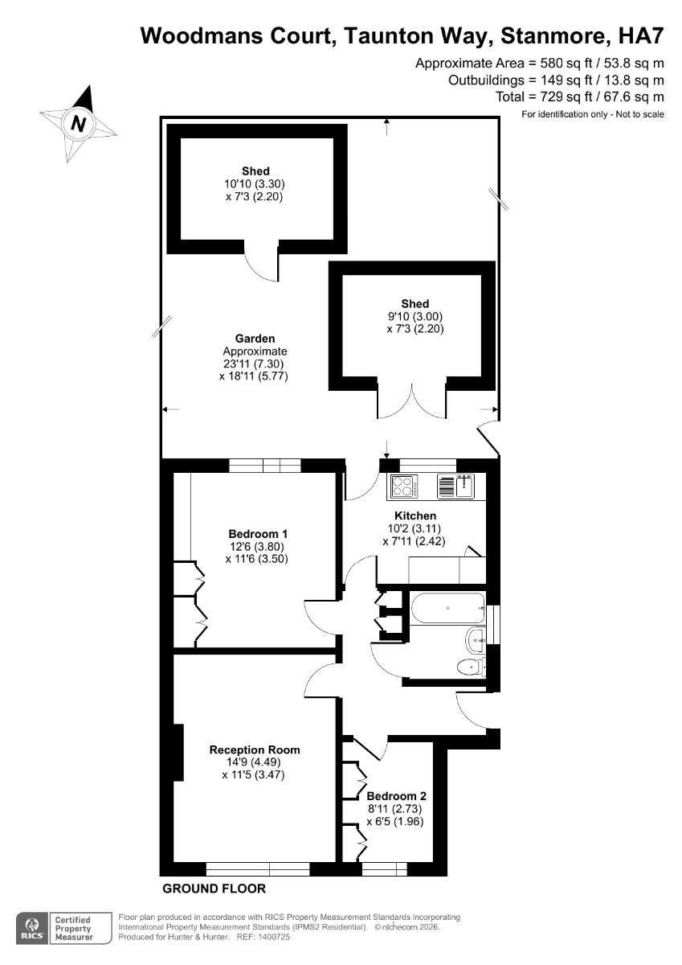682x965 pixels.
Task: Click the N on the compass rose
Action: point(78,124)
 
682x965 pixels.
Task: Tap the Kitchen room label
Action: point(415,515)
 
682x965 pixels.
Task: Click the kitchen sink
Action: point(455,487)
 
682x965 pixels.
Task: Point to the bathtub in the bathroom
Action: point(448,608)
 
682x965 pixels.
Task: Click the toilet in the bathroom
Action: point(471,667)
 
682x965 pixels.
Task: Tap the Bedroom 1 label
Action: point(258,534)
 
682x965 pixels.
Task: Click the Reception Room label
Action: point(255,749)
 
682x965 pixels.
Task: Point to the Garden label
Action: point(255,339)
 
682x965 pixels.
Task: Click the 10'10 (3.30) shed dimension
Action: point(255,184)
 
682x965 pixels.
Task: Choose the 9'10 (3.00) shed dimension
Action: point(415,316)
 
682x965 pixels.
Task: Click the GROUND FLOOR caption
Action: point(214,889)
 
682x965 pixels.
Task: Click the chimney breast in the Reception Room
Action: point(178,752)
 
